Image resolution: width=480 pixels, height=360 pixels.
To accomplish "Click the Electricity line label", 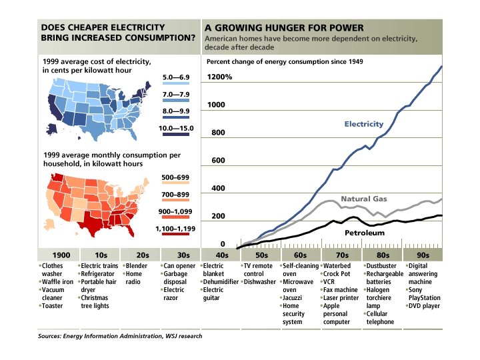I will point(364,124).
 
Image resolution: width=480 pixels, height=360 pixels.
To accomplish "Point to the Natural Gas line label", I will point(365,199).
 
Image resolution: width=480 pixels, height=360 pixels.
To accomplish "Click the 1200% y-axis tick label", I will point(219,77).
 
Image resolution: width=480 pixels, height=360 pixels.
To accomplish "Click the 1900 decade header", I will point(59,255).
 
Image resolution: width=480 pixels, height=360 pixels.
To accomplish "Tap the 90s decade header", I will point(423,255).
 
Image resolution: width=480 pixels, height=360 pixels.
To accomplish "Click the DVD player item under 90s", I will point(425,306).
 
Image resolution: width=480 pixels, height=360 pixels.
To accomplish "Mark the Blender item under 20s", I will point(136,265).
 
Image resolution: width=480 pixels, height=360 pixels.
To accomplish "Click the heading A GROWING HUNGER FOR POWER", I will point(284,28).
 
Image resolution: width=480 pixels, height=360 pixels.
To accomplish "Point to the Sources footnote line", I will point(120,337).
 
